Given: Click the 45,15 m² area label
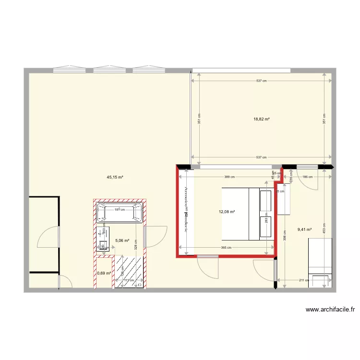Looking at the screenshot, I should coord(115,177).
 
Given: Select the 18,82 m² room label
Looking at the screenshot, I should coord(261,119).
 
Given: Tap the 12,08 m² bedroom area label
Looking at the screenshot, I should coord(227,212).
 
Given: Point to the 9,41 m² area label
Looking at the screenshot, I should coord(304,229).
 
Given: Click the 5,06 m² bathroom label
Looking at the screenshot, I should coord(122,241).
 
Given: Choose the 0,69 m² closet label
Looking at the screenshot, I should coord(104,273).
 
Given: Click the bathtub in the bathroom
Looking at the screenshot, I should coord(120,213).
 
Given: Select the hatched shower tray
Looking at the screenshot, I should coord(129,271).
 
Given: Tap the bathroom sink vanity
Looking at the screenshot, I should coord(102,239).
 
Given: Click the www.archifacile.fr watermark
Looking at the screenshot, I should coord(330,310).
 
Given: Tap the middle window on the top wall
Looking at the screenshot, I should coord(109,70).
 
